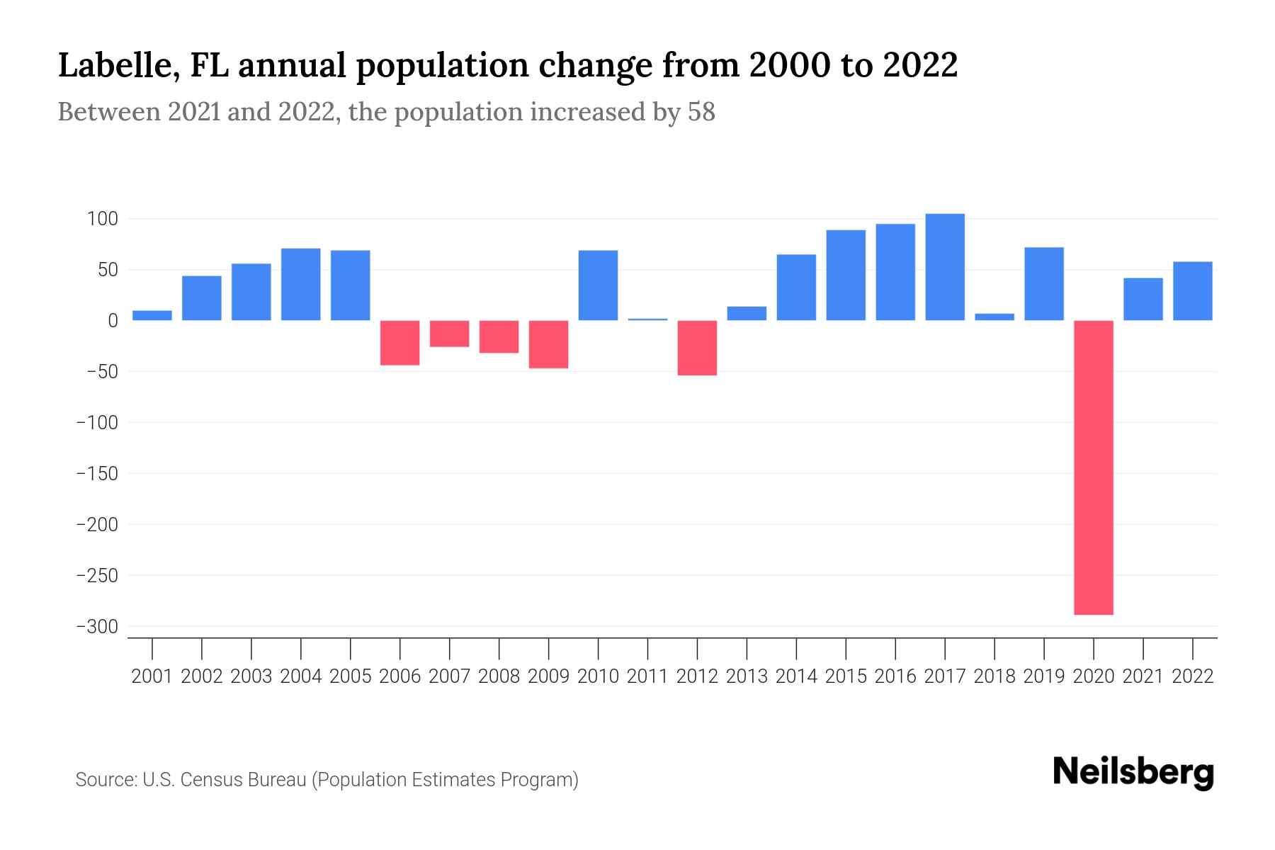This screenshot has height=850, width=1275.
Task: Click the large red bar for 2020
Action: pyautogui.click(x=1094, y=467)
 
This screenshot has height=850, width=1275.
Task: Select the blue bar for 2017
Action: pyautogui.click(x=945, y=267)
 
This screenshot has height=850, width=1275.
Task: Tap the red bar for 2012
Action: pyautogui.click(x=697, y=348)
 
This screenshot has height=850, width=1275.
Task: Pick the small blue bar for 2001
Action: pyautogui.click(x=152, y=315)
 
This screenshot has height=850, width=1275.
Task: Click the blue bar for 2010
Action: pyautogui.click(x=598, y=285)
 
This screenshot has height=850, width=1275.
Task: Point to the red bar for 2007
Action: pyautogui.click(x=449, y=334)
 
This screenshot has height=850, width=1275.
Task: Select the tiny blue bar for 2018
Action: pyautogui.click(x=994, y=317)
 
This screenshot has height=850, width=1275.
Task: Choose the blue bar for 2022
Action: pyautogui.click(x=1193, y=291)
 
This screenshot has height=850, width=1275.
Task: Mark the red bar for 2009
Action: pyautogui.click(x=548, y=344)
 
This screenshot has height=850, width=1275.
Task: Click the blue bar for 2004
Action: pyautogui.click(x=301, y=284)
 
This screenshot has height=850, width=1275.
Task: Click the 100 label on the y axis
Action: pyautogui.click(x=102, y=219)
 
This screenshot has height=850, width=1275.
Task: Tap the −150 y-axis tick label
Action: pyautogui.click(x=97, y=474)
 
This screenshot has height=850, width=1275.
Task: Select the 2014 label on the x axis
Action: pyautogui.click(x=796, y=676)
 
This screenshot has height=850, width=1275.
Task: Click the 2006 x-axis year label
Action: pyautogui.click(x=399, y=676)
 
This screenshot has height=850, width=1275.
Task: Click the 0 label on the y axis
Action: pyautogui.click(x=113, y=321)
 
